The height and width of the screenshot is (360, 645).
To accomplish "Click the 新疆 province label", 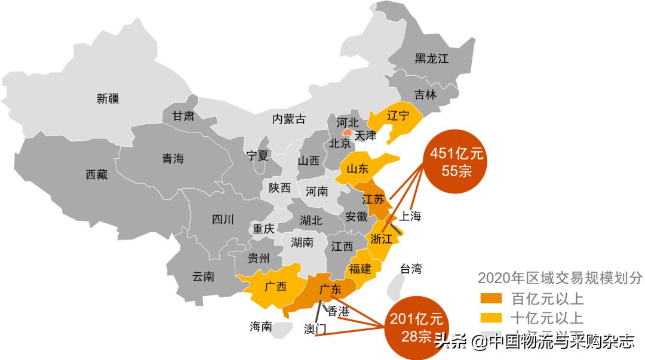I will (108, 99).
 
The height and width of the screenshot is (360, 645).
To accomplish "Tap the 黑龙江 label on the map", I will (431, 59).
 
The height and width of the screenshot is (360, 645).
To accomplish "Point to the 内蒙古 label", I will (288, 119).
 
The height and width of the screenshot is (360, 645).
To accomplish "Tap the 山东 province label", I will (355, 170).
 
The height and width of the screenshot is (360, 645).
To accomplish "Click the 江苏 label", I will (373, 200).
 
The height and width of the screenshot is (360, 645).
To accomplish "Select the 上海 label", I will (410, 216).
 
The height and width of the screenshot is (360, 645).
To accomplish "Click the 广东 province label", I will (330, 290).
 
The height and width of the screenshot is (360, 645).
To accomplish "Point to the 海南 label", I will (261, 327).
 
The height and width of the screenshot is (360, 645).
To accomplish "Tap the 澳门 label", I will (315, 329).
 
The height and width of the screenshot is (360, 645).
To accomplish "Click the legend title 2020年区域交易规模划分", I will (560, 278).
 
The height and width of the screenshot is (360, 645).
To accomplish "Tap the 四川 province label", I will (223, 219).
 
